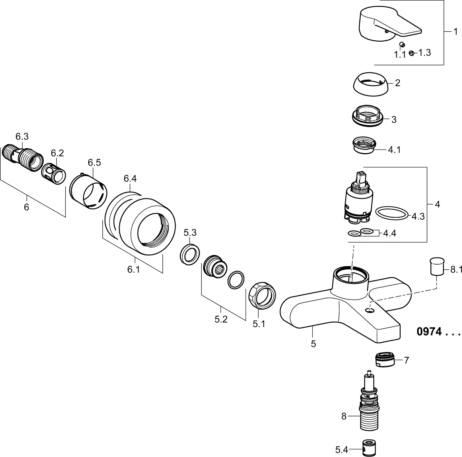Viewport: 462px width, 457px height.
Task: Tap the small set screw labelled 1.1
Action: [402, 44]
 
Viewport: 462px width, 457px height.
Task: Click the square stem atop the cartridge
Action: [361, 178]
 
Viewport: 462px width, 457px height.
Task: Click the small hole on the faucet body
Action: [370, 310]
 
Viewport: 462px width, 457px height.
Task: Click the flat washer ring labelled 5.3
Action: [190, 254]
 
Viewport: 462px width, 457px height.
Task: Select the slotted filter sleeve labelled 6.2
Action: [54, 173]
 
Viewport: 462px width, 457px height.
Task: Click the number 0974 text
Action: [429, 332]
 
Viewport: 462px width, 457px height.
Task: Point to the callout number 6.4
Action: [130, 179]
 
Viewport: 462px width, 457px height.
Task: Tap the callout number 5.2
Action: [221, 319]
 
